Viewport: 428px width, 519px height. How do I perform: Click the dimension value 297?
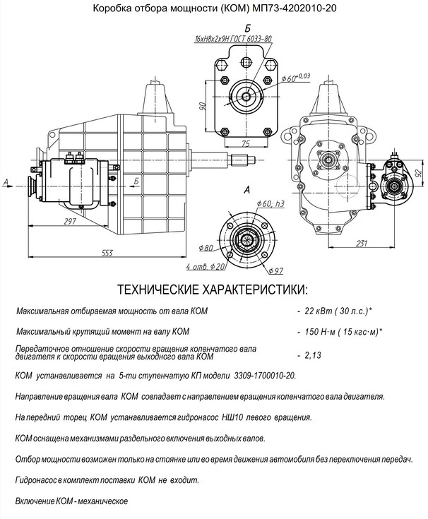[69, 222]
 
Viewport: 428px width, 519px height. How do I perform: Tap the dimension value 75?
[245, 143]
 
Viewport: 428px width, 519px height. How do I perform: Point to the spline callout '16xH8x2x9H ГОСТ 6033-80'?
[233, 40]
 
